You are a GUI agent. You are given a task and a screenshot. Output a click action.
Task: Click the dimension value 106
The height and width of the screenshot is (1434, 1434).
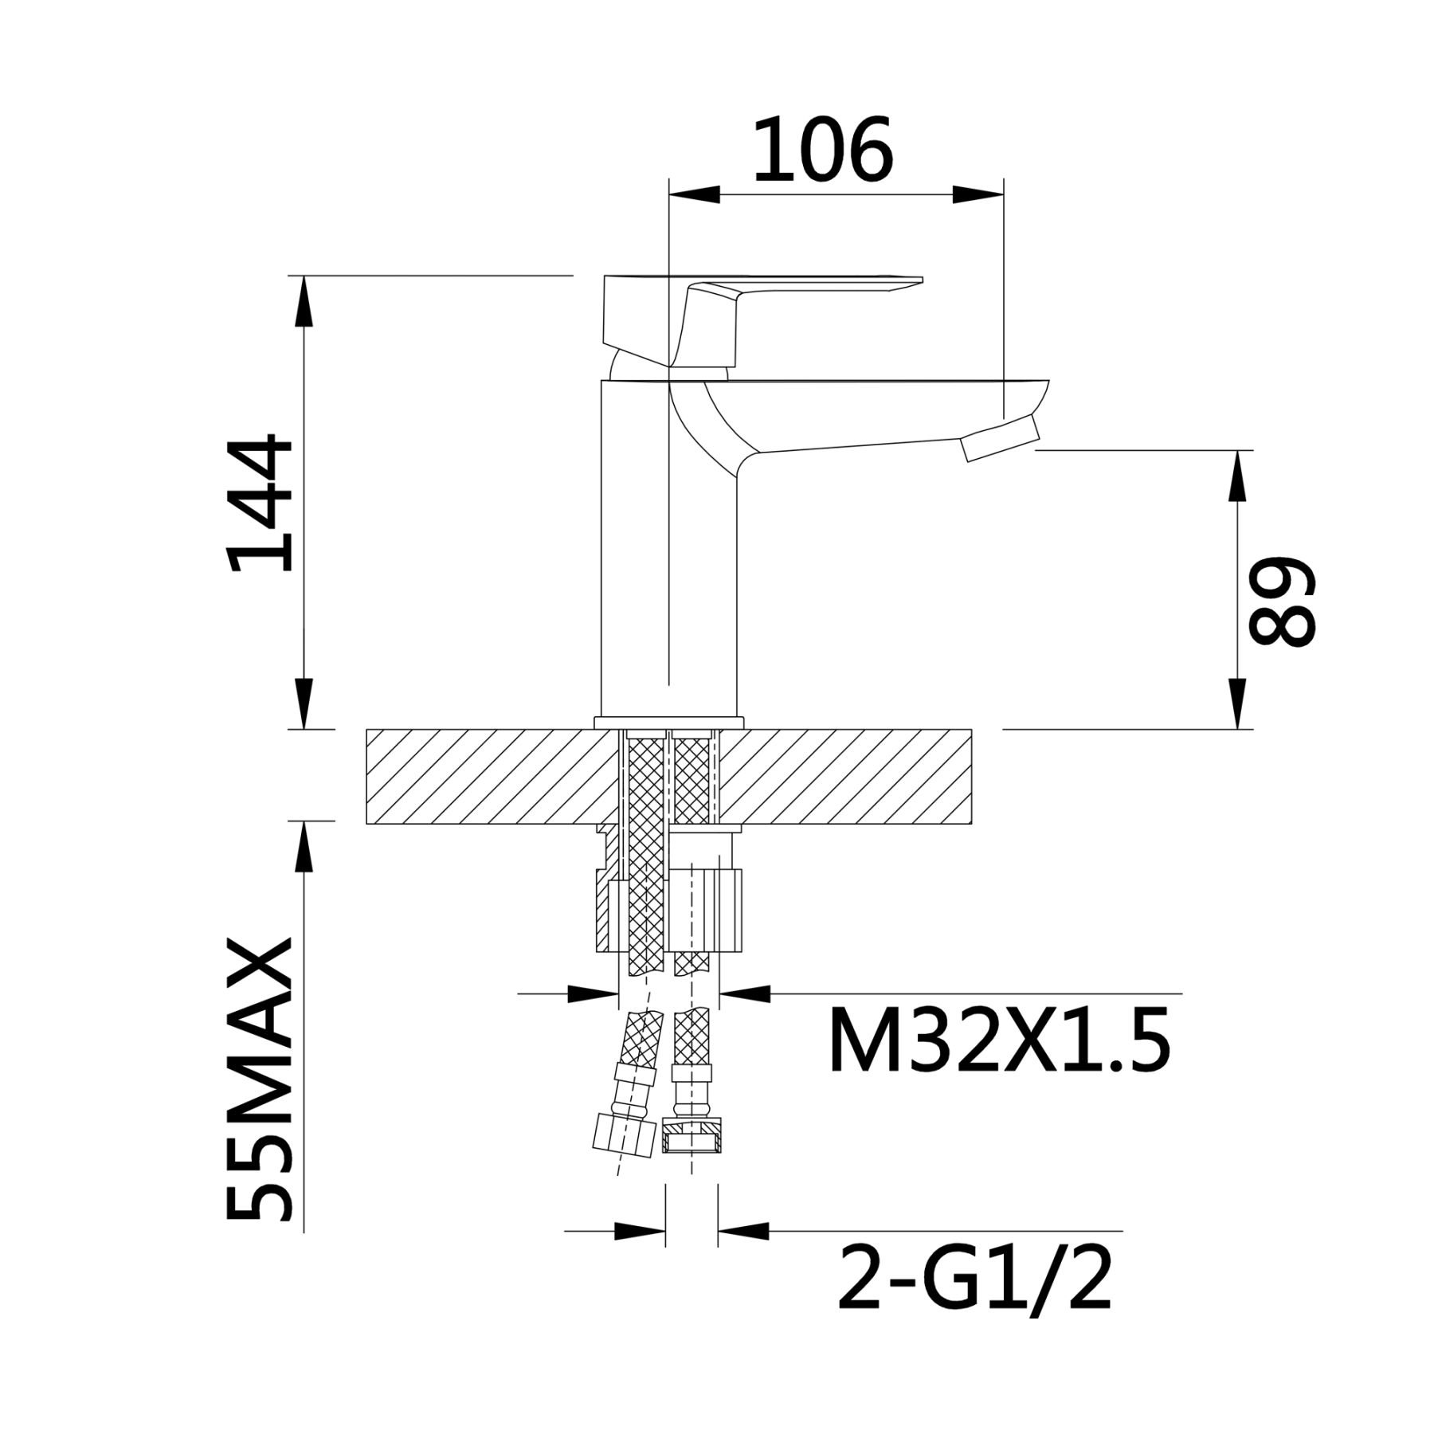pyautogui.click(x=822, y=149)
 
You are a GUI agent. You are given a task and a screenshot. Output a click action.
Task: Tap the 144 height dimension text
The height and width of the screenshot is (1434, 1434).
pyautogui.click(x=260, y=503)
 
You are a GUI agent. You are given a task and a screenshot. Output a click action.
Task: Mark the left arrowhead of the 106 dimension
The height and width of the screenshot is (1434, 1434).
pyautogui.click(x=695, y=195)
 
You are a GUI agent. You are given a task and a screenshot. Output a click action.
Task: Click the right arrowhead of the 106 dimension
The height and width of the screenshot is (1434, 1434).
pyautogui.click(x=978, y=195)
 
